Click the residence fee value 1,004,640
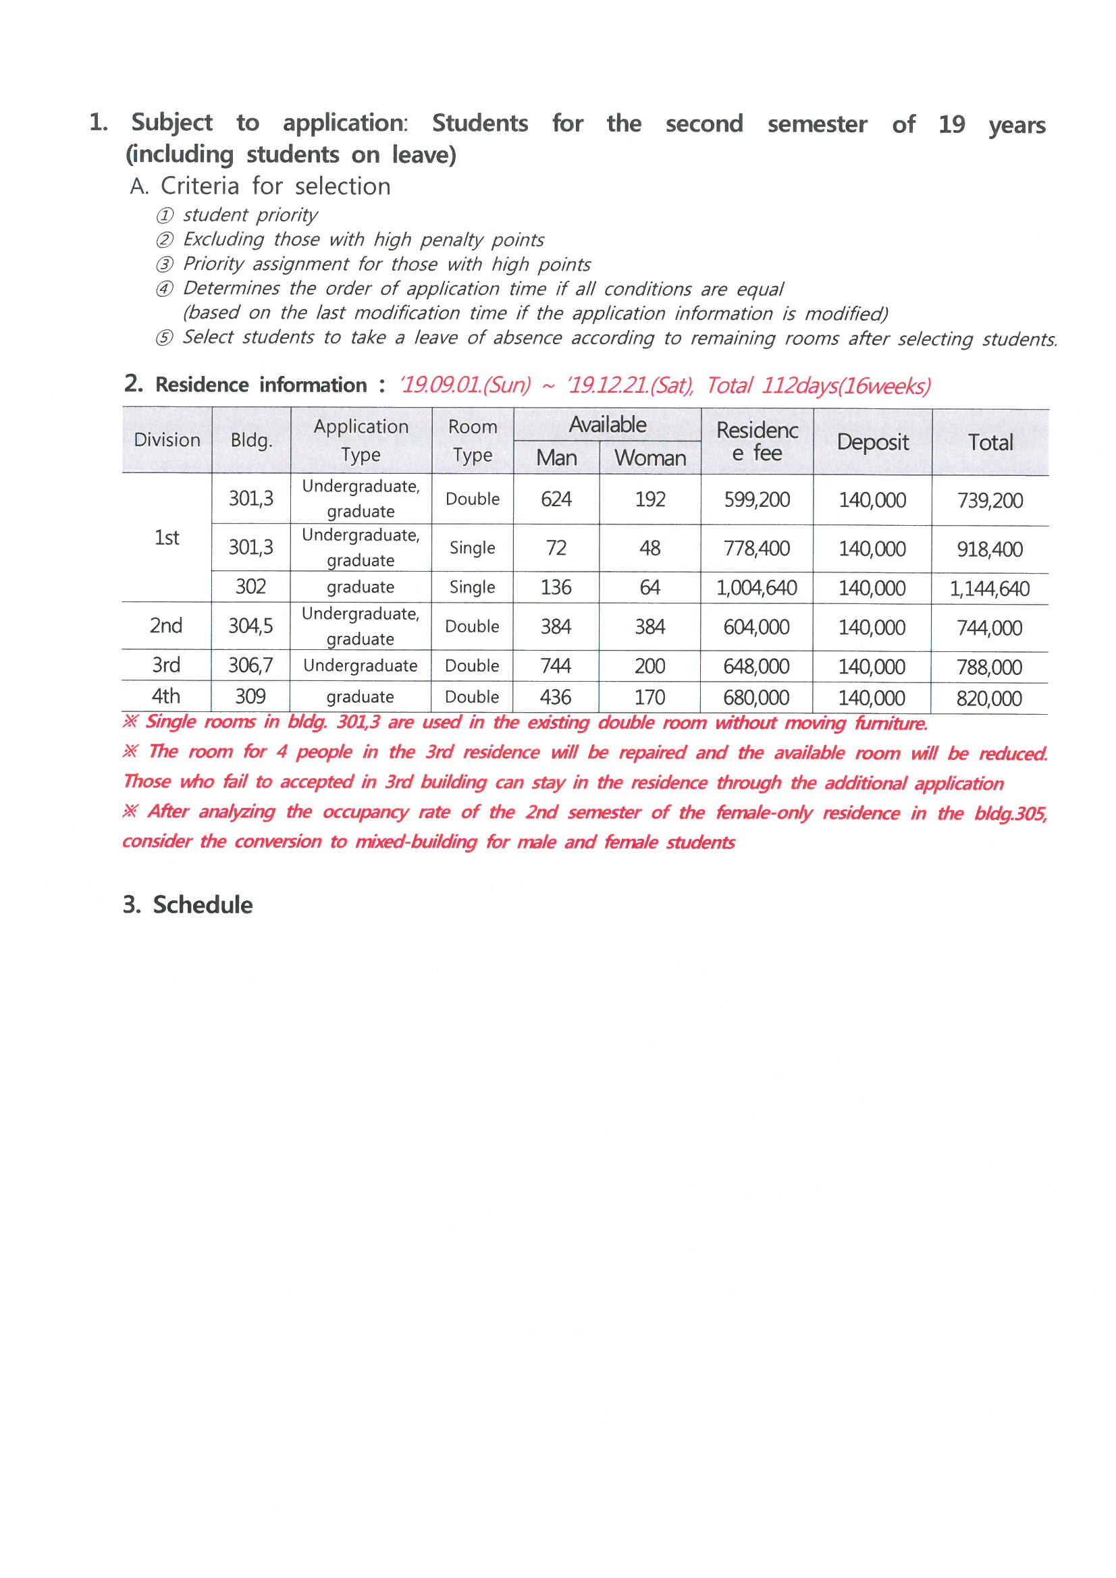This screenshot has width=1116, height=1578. click(756, 588)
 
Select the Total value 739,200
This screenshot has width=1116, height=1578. click(990, 500)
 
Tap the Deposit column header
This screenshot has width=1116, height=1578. click(872, 442)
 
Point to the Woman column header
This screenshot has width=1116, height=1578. click(649, 458)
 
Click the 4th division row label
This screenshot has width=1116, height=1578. click(165, 697)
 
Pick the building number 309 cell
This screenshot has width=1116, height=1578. click(250, 697)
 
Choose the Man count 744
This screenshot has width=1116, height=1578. click(556, 665)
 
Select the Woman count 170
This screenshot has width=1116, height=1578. click(649, 697)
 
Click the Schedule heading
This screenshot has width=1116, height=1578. click(202, 904)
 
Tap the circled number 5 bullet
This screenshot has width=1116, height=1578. click(164, 338)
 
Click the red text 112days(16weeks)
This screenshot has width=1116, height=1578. click(845, 385)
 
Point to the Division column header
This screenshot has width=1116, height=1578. click(167, 440)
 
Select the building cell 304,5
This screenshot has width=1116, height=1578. click(250, 626)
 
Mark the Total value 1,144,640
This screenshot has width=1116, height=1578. click(990, 589)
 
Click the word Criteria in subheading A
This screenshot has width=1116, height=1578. click(199, 186)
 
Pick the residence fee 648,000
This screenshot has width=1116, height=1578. click(756, 666)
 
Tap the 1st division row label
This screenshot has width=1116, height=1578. click(166, 537)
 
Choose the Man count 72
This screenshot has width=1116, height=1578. click(556, 548)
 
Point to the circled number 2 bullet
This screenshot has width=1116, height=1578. click(164, 240)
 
